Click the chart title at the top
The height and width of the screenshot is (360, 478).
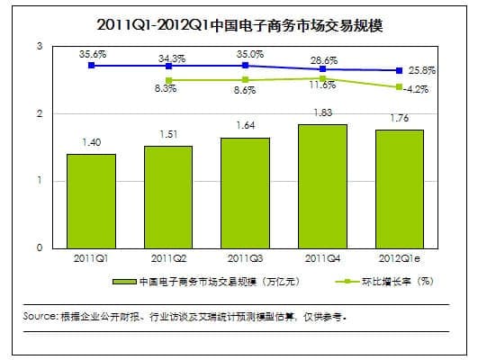(239, 23)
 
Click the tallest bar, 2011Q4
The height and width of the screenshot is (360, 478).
(322, 185)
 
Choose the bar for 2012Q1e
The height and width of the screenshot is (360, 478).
(399, 188)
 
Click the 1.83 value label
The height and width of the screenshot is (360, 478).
(322, 112)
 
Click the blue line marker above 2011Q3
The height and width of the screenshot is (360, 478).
(246, 66)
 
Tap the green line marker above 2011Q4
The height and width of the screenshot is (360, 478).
(322, 78)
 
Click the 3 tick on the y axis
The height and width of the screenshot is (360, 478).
(38, 46)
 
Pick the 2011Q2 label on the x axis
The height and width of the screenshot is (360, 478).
(168, 258)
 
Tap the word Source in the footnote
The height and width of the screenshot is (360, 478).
(40, 317)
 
